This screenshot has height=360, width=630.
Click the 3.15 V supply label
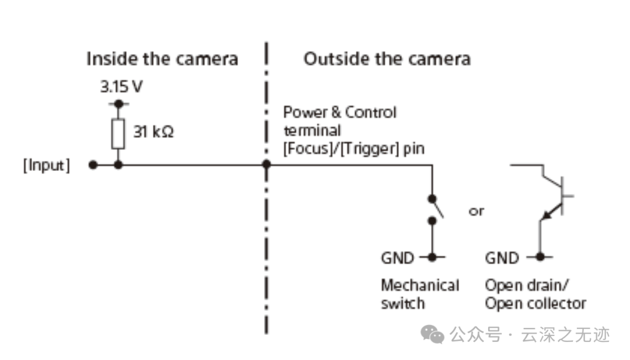pyautogui.click(x=121, y=86)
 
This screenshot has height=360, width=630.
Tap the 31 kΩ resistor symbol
pyautogui.click(x=118, y=134)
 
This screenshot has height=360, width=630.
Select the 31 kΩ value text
pyautogui.click(x=153, y=131)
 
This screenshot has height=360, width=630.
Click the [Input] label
pyautogui.click(x=47, y=165)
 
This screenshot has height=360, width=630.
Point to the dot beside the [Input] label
pyautogui.click(x=93, y=165)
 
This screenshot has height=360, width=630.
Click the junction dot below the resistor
pyautogui.click(x=118, y=165)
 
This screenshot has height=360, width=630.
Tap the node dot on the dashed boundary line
pyautogui.click(x=267, y=164)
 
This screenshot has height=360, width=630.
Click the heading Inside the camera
pyautogui.click(x=162, y=59)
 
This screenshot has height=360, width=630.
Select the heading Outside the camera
pyautogui.click(x=387, y=59)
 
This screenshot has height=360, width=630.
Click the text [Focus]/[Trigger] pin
pyautogui.click(x=353, y=149)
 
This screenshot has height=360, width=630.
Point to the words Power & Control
pyautogui.click(x=339, y=112)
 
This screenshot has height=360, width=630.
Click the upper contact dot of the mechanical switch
pyautogui.click(x=432, y=198)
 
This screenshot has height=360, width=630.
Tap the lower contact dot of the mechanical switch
pyautogui.click(x=432, y=221)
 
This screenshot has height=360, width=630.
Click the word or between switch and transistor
pyautogui.click(x=477, y=211)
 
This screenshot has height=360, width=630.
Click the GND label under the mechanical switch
pyautogui.click(x=397, y=258)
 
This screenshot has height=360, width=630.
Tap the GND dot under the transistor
pyautogui.click(x=540, y=256)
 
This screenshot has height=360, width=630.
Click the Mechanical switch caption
pyautogui.click(x=420, y=294)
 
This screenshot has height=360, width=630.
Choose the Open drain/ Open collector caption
pyautogui.click(x=535, y=294)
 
